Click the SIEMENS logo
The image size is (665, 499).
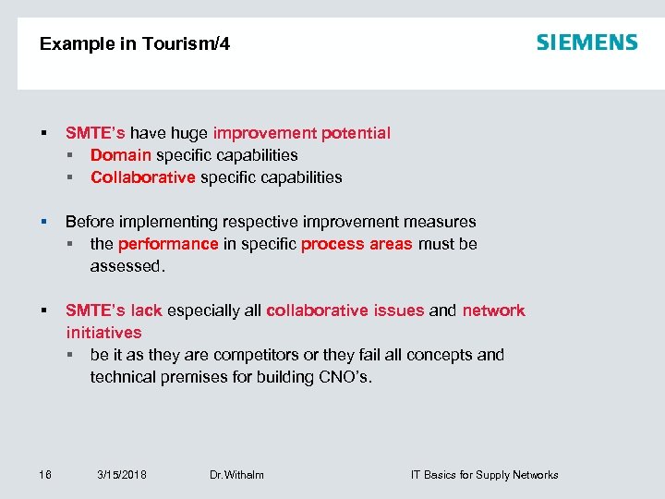[x=587, y=43]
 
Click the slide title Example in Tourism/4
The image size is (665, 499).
[x=135, y=44]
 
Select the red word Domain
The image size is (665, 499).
[x=121, y=155]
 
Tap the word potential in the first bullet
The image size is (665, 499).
[x=356, y=133]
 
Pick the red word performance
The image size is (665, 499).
[x=168, y=244]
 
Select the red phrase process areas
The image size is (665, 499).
[x=357, y=244]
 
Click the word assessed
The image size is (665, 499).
[x=127, y=266]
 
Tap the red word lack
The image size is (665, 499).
[x=146, y=310]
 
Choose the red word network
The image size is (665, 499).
[x=493, y=310]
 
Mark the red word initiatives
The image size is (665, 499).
[x=103, y=333]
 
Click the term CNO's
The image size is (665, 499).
[x=344, y=377]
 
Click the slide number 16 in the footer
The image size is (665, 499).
[x=45, y=475]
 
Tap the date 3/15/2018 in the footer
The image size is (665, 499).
[x=122, y=475]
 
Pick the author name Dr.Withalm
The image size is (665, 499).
[x=236, y=475]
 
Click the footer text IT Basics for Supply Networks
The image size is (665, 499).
[x=484, y=475]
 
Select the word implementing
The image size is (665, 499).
[x=168, y=222]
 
